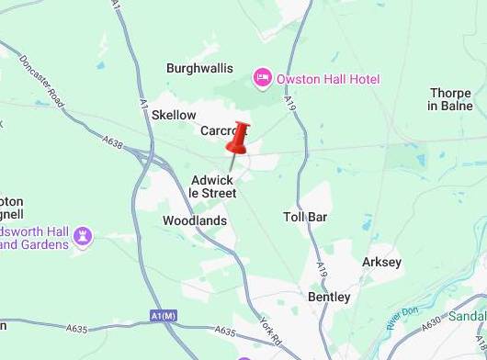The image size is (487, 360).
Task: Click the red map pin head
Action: (238, 138)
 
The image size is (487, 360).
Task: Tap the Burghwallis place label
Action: (199, 69)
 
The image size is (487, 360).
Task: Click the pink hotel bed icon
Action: (262, 78)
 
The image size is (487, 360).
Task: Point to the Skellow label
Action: (174, 115)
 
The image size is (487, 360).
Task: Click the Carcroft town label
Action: (221, 131)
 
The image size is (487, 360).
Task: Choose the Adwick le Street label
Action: (212, 186)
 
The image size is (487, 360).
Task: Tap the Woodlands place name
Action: (194, 221)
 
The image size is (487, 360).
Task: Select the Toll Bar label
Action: (305, 217)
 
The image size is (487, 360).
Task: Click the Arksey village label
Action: (381, 263)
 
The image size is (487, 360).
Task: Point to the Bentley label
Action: (329, 298)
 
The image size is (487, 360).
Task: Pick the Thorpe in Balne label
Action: (451, 99)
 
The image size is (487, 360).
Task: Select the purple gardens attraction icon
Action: (84, 237)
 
